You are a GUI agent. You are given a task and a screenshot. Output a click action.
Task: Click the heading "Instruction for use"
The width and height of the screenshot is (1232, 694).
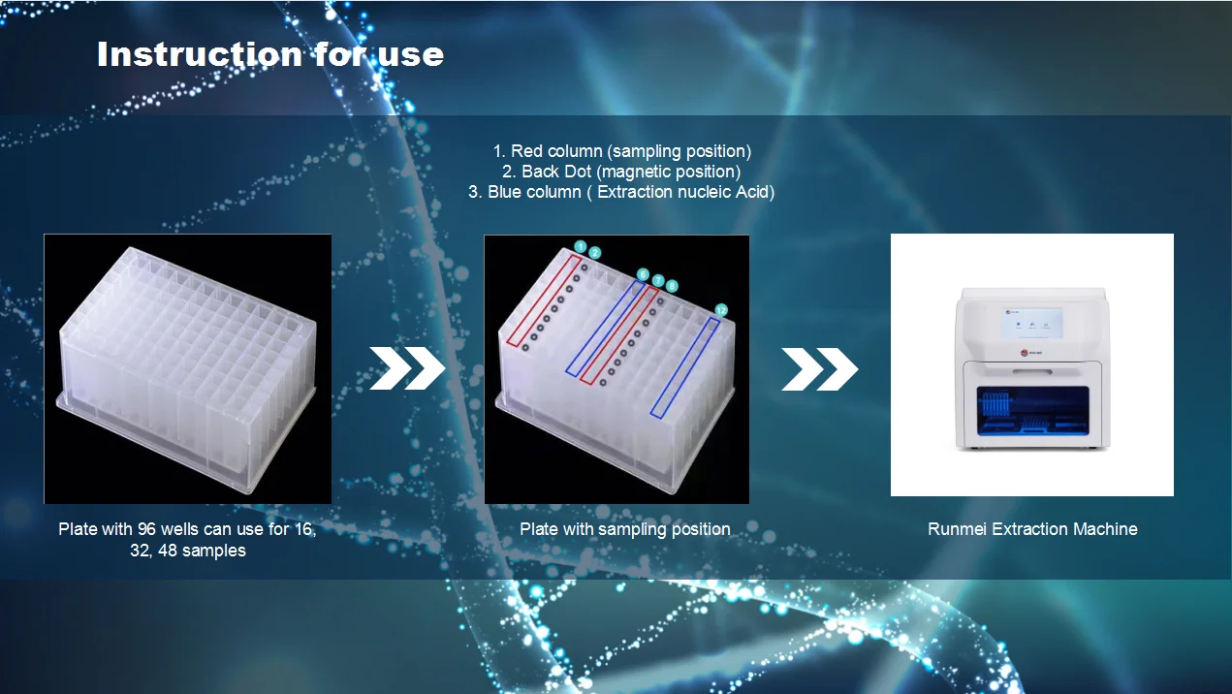pyautogui.click(x=270, y=54)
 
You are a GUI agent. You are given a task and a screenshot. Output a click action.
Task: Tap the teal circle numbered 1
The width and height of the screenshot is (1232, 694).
pyautogui.click(x=581, y=246)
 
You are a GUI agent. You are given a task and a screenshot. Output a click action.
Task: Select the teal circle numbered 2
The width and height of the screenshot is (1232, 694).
pyautogui.click(x=594, y=253)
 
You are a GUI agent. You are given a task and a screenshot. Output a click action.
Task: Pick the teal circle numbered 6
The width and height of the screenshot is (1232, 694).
pyautogui.click(x=643, y=274)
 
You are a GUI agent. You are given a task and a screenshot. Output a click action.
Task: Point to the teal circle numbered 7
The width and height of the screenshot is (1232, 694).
pyautogui.click(x=658, y=280)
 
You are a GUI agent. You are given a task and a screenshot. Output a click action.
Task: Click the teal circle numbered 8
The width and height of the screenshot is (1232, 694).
pyautogui.click(x=672, y=286)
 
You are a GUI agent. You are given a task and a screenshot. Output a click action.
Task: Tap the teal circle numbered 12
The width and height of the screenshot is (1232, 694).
pyautogui.click(x=721, y=310)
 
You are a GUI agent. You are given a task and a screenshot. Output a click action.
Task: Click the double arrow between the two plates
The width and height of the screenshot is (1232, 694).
pyautogui.click(x=407, y=368)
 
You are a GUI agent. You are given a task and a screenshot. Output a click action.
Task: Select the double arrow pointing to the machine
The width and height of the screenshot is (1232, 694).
pyautogui.click(x=819, y=369)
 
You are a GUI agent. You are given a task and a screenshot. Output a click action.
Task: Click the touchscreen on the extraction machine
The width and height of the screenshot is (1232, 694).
pyautogui.click(x=1031, y=322)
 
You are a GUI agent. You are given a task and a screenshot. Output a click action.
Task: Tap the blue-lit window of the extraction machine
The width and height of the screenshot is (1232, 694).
pyautogui.click(x=1033, y=410)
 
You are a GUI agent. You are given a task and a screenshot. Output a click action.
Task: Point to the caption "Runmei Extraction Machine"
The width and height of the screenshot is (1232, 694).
pyautogui.click(x=1032, y=529)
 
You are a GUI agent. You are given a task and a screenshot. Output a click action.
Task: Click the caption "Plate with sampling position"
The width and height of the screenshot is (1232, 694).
pyautogui.click(x=625, y=529)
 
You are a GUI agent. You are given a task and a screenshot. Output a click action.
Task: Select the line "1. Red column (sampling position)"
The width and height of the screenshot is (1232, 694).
pyautogui.click(x=622, y=151)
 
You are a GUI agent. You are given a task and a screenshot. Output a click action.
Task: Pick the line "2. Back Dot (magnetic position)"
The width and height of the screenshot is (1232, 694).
pyautogui.click(x=621, y=172)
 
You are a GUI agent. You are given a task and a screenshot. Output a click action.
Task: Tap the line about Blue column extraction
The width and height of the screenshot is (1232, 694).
pyautogui.click(x=621, y=192)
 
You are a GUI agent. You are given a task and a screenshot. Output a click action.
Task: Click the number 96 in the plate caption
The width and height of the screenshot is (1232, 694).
pyautogui.click(x=146, y=529)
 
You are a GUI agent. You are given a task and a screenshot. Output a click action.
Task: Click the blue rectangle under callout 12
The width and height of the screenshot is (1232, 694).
pyautogui.click(x=685, y=367)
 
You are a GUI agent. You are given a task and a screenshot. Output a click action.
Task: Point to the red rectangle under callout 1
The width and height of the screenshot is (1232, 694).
pyautogui.click(x=544, y=300)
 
